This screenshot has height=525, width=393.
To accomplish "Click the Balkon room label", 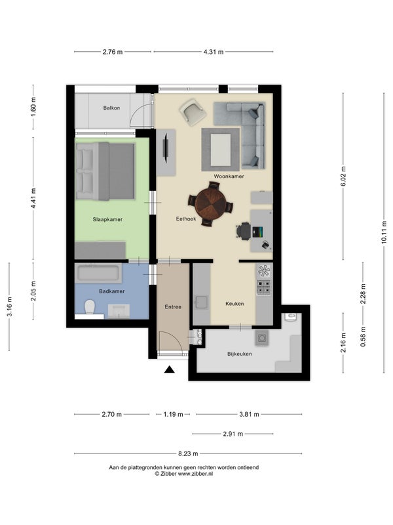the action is tap(111, 108).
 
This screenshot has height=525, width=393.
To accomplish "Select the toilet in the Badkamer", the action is tap(90, 307).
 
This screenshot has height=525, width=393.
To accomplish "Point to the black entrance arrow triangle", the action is tap(170, 369).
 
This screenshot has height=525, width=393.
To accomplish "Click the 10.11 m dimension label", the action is tap(384, 233).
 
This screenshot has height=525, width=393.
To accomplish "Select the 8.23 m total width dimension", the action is tap(188, 453).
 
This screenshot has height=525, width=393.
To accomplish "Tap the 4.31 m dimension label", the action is tap(214, 52).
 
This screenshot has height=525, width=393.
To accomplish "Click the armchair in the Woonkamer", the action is tap(193, 112).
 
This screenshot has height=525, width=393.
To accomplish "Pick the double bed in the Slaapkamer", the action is tap(105, 171).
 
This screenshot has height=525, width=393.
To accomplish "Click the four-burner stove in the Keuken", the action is tap(263, 287).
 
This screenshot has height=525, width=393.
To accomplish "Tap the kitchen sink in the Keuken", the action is tap(201, 302).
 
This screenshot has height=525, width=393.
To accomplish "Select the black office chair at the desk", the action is tap(244, 231).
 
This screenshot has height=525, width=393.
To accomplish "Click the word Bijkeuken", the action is tap(240, 354).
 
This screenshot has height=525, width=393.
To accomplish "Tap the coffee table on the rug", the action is tap(220, 150).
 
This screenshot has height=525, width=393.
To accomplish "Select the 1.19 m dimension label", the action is tap(173, 415).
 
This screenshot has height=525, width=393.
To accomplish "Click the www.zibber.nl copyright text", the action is tap(183, 474).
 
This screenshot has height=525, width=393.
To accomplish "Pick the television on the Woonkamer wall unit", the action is tap(166, 147).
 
